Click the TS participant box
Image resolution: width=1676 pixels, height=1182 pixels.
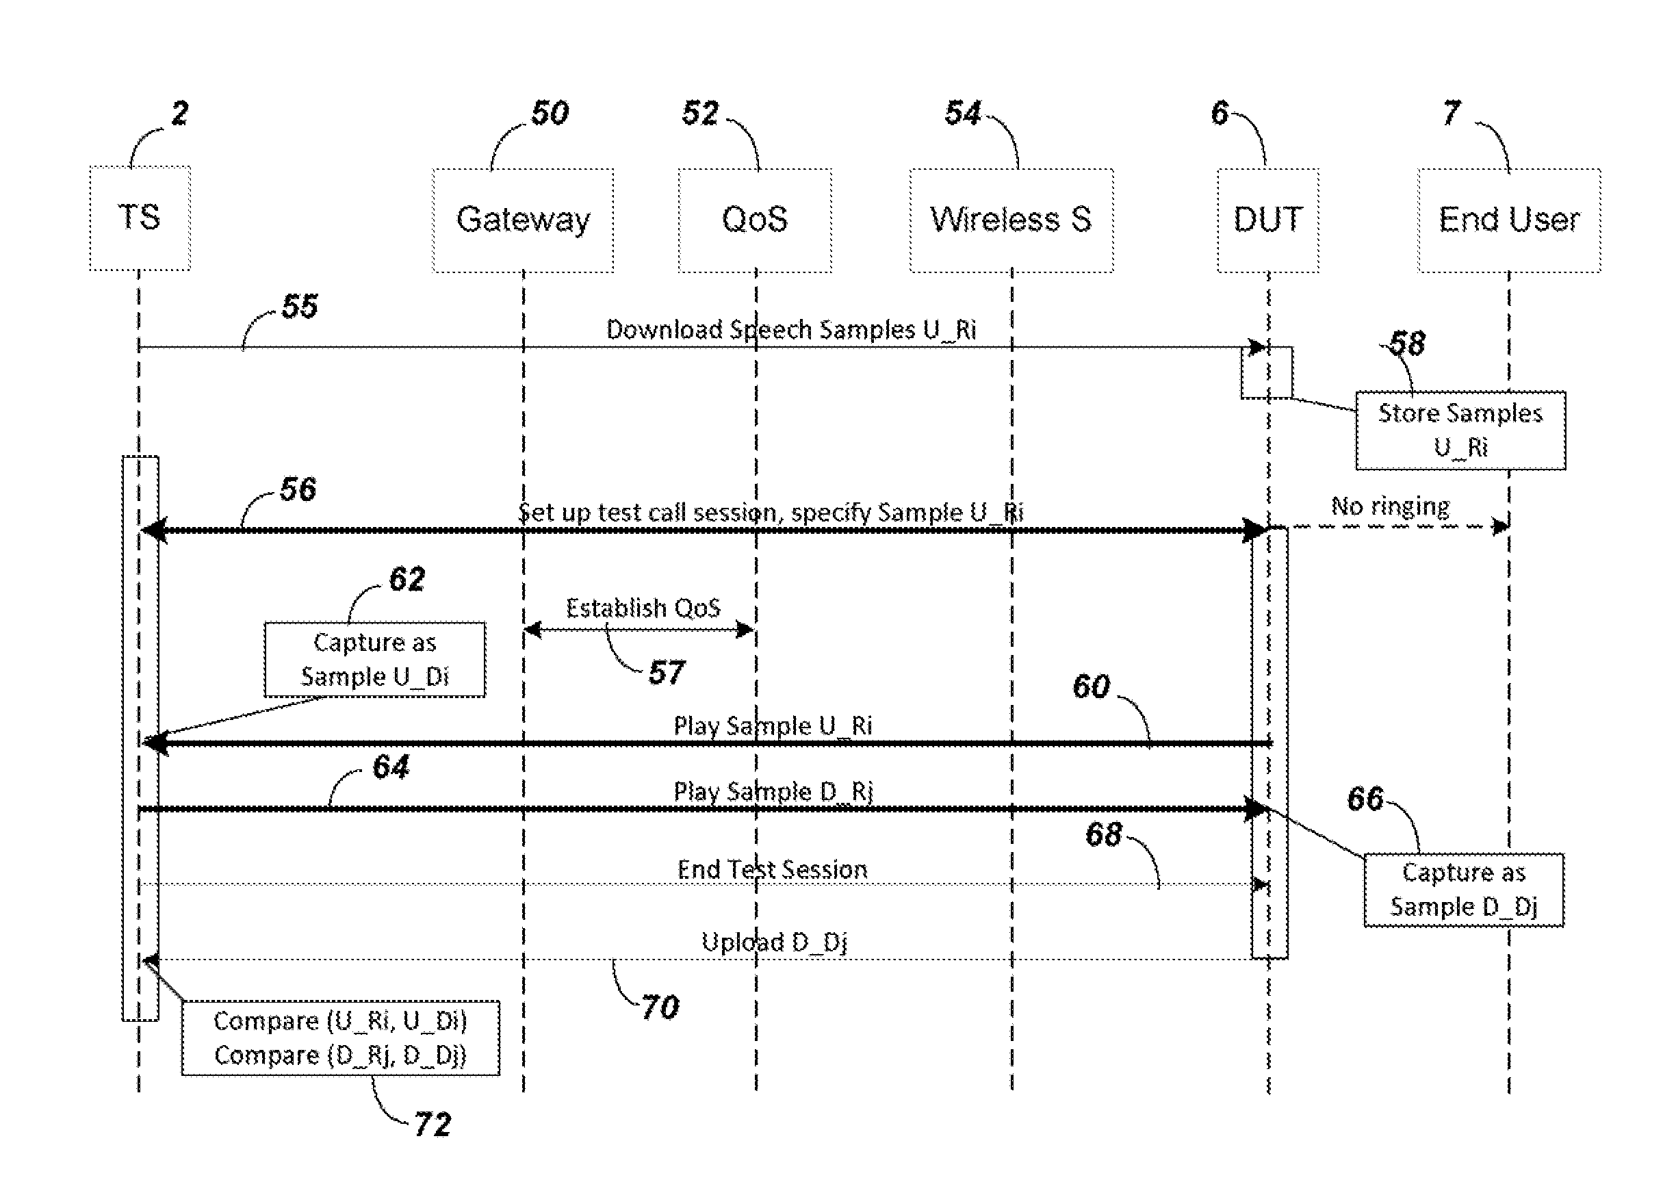140,218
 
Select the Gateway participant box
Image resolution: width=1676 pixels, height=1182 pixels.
523,220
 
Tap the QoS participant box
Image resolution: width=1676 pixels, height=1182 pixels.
755,220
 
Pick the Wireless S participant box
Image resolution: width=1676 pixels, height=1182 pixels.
1011,220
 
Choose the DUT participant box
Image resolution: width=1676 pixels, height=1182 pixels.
1268,220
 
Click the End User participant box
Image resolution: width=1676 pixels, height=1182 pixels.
1509,220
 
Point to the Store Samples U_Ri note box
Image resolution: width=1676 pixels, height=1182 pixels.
1460,430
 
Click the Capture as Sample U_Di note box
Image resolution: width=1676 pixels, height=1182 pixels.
374,659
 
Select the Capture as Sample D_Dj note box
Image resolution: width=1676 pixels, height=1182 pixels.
1464,890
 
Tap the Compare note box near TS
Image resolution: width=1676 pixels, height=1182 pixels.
340,1038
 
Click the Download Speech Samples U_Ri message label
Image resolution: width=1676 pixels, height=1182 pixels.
790,330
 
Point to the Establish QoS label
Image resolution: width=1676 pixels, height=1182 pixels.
643,608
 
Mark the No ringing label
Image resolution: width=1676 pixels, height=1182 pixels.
1390,506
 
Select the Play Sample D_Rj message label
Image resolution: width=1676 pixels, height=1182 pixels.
773,791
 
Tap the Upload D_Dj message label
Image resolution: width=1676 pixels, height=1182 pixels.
774,942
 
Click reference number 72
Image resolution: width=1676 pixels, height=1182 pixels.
432,1125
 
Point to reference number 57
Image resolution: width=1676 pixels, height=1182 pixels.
667,672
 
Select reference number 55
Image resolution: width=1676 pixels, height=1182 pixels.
299,306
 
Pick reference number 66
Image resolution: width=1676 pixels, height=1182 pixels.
1365,799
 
